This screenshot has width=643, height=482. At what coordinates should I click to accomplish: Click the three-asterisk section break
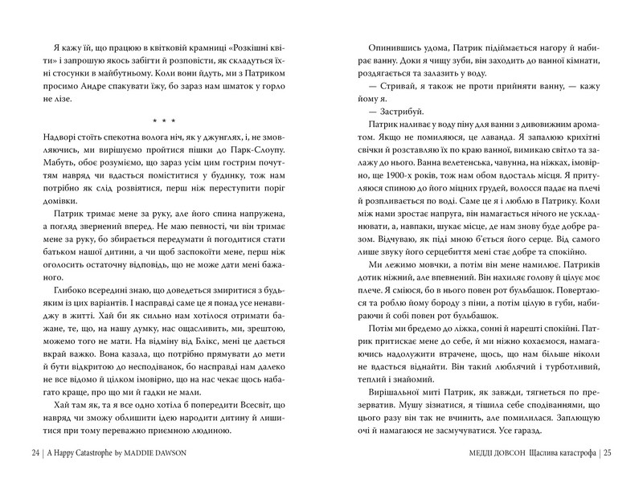tap(162, 120)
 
